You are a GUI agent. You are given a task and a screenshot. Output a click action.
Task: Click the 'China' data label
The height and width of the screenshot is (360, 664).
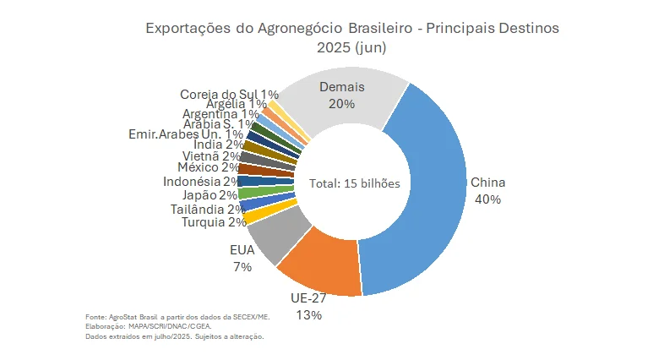tap(487, 182)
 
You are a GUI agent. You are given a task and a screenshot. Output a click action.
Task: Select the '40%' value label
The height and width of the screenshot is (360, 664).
tap(487, 199)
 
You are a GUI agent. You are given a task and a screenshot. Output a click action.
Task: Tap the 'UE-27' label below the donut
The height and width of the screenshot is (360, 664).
tap(308, 298)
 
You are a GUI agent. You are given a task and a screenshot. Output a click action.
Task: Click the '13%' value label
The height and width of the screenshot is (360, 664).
tap(308, 315)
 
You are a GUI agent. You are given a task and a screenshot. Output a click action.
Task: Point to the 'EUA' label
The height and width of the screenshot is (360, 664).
tap(242, 250)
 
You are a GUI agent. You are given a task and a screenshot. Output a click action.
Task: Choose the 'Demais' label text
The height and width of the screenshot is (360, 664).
tap(342, 86)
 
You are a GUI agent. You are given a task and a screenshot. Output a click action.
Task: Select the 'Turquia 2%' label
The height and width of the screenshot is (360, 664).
tap(214, 222)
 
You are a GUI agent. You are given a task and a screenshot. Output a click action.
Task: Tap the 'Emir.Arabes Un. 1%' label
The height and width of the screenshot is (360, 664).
tap(186, 134)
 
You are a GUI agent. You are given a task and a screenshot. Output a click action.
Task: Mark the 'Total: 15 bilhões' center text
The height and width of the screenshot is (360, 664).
tap(354, 183)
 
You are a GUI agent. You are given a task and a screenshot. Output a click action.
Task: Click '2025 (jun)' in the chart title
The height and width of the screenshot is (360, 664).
tap(351, 47)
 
